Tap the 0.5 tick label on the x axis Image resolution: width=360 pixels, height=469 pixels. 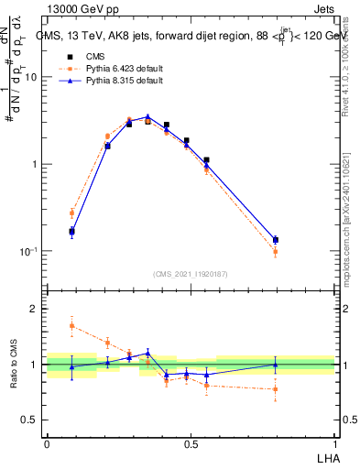(x=190, y=443)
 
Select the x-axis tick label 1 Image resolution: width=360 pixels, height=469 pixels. (x=335, y=443)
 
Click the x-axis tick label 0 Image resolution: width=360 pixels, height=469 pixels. (x=47, y=443)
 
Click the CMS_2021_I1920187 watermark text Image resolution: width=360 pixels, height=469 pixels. (x=191, y=273)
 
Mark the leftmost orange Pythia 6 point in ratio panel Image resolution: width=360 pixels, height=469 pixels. (x=71, y=325)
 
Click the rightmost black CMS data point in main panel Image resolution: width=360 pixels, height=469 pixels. (x=276, y=240)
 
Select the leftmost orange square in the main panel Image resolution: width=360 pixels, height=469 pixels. (x=71, y=213)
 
